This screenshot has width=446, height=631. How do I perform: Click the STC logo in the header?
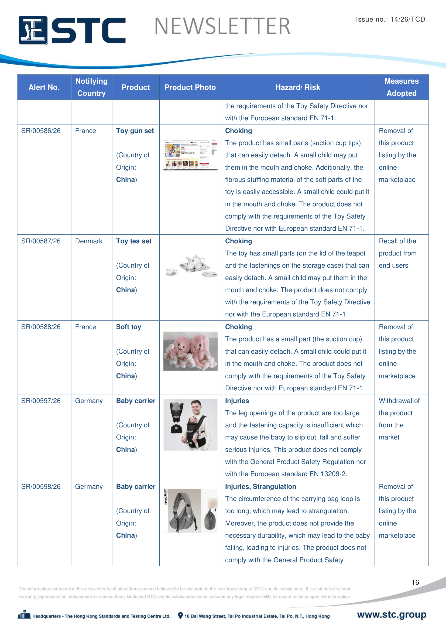[x=72, y=30]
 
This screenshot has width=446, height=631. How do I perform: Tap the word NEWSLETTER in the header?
[x=222, y=26]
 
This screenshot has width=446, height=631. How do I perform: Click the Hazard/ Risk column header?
[x=297, y=87]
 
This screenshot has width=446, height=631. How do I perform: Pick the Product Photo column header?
[x=190, y=87]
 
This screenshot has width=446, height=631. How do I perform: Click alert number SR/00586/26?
[x=41, y=131]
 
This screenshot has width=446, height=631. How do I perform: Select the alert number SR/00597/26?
[x=41, y=401]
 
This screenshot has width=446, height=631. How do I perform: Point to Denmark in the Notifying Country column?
[x=89, y=241]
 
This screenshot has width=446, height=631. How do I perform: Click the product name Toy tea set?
[x=134, y=241]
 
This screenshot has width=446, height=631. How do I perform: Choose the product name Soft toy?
[x=129, y=327]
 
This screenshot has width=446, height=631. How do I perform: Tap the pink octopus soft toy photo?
[x=190, y=351]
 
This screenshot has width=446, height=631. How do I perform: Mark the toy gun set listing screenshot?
[x=190, y=155]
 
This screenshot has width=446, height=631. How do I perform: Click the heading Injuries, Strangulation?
[x=260, y=486]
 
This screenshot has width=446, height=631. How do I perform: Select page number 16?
[x=415, y=582]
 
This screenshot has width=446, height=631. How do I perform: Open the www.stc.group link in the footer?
[x=391, y=615]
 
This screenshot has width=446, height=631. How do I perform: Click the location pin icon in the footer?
[x=180, y=615]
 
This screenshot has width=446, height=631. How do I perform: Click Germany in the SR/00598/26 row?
[x=89, y=486]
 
